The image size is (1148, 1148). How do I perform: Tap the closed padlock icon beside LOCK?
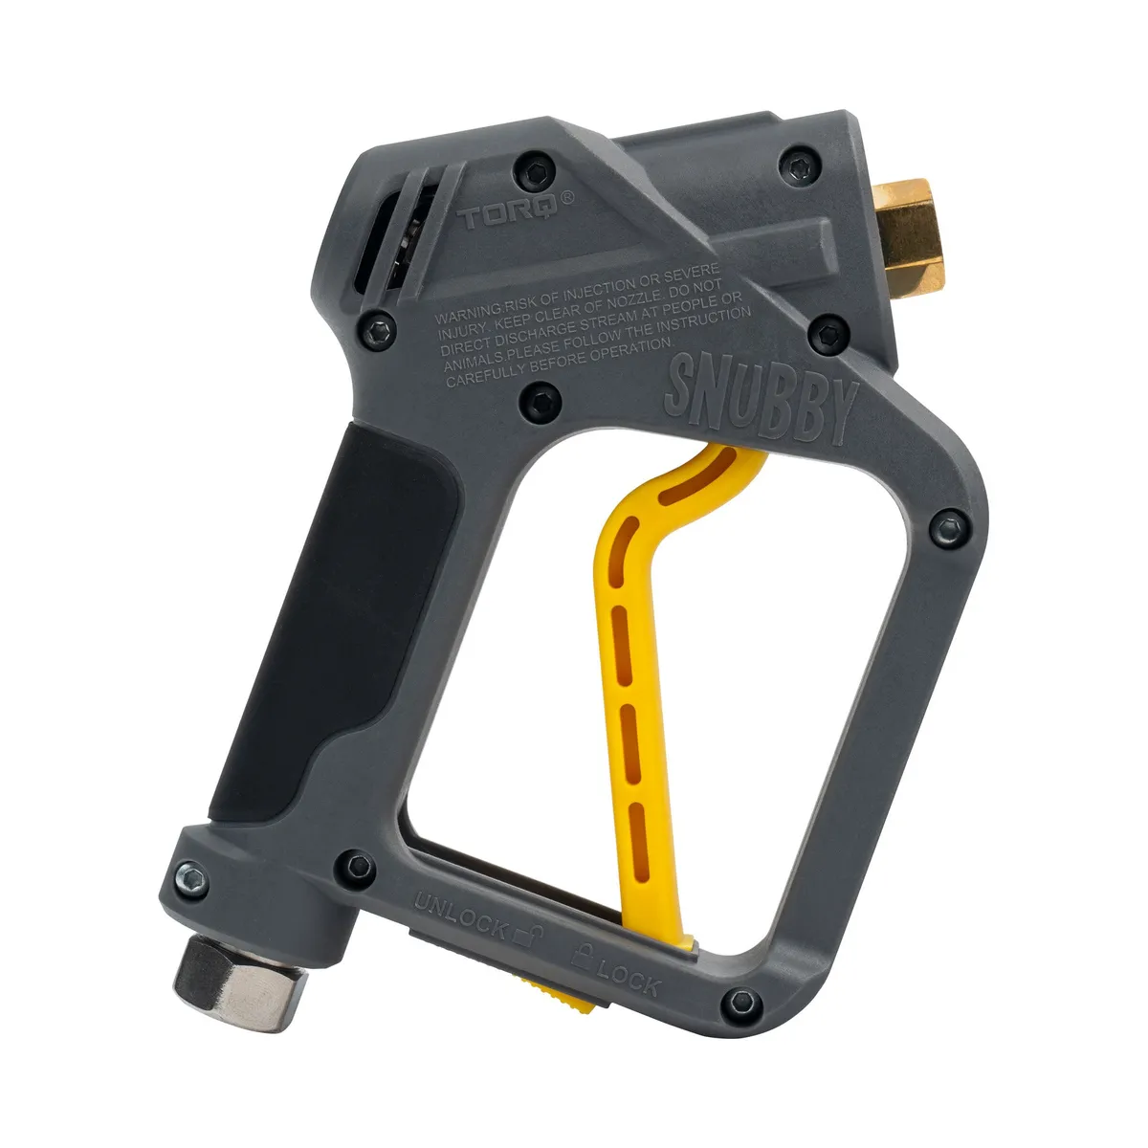583,954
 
